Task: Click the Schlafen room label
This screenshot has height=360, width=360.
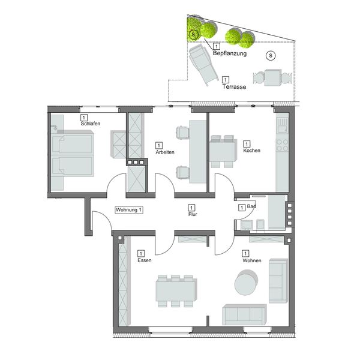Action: pos(91,124)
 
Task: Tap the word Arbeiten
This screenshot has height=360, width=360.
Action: pos(165,152)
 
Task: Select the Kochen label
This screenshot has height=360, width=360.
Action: pos(251,151)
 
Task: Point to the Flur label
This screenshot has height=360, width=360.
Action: pos(193,214)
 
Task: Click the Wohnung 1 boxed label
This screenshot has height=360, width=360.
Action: pos(129,210)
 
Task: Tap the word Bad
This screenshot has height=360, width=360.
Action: pos(251,206)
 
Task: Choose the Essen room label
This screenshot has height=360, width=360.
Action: pos(145,260)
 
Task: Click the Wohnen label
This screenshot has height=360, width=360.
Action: pos(252,260)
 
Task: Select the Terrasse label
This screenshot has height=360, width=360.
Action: pos(234,87)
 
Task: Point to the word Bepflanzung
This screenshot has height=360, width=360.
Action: pos(230,53)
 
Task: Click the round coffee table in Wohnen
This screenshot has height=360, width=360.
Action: pos(246,282)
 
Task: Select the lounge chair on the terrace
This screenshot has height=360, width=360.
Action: pos(203,64)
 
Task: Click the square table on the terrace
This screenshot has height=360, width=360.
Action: pos(273,77)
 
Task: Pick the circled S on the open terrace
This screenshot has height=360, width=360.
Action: pos(271,56)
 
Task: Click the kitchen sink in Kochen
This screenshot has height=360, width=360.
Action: pos(282,125)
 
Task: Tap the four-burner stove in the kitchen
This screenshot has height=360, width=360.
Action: pos(282,145)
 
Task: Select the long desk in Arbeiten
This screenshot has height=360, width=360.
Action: pos(197,152)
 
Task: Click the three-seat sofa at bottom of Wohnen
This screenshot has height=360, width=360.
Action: pos(244,314)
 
